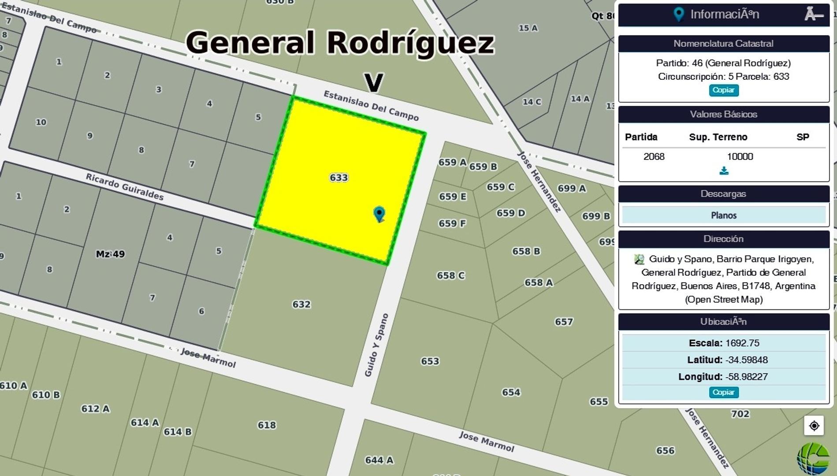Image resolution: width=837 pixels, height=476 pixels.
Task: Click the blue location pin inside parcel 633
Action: pyautogui.click(x=379, y=214)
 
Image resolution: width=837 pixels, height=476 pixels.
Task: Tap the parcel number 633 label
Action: pyautogui.click(x=339, y=178)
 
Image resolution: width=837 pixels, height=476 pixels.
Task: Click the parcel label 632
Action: pyautogui.click(x=301, y=304)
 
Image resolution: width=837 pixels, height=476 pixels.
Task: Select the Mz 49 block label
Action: pyautogui.click(x=110, y=254)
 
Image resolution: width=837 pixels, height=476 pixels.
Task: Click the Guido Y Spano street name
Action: pyautogui.click(x=376, y=345)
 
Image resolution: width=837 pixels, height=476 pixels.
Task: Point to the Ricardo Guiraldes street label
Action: pyautogui.click(x=124, y=187)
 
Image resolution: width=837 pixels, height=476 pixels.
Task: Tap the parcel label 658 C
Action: pyautogui.click(x=450, y=275)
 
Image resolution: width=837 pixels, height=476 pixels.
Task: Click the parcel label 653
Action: pyautogui.click(x=430, y=361)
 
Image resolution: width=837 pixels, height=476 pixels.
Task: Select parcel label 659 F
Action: pyautogui.click(x=452, y=223)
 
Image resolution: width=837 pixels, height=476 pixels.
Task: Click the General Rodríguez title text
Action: pyautogui.click(x=340, y=43)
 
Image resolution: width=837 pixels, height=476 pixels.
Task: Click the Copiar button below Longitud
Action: pyautogui.click(x=723, y=392)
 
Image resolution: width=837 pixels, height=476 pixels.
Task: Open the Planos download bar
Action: pyautogui.click(x=723, y=215)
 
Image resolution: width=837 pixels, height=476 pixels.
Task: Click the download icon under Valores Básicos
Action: pyautogui.click(x=724, y=171)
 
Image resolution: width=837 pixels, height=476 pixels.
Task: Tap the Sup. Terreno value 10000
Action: pyautogui.click(x=740, y=156)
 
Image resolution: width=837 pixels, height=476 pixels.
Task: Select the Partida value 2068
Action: pyautogui.click(x=654, y=156)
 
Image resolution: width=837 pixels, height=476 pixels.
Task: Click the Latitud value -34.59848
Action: pyautogui.click(x=746, y=360)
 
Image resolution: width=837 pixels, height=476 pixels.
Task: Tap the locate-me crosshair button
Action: pyautogui.click(x=814, y=426)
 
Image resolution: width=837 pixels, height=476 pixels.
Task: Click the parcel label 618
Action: pyautogui.click(x=267, y=425)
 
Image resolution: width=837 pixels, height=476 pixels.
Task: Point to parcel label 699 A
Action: pyautogui.click(x=572, y=189)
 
